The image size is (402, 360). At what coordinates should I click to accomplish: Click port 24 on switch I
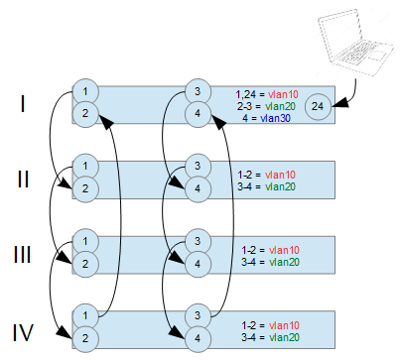click(318, 106)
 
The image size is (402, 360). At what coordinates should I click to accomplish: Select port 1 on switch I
click(85, 91)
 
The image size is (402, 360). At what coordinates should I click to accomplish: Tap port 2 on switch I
click(85, 114)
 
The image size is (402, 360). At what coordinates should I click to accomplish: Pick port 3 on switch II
click(198, 167)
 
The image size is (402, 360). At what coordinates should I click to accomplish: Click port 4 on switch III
click(198, 264)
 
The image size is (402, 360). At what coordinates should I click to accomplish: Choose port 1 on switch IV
click(85, 316)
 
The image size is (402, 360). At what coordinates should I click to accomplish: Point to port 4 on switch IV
click(198, 339)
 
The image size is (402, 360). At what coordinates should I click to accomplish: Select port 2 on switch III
click(85, 264)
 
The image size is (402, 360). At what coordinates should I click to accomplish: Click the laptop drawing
click(355, 43)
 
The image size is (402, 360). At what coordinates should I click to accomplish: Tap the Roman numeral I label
click(23, 103)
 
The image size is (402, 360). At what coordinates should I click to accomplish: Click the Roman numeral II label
click(23, 180)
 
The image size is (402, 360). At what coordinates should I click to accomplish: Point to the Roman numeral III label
click(23, 255)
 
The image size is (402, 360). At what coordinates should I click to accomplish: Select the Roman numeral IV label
click(23, 332)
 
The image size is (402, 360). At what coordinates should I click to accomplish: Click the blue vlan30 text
click(275, 118)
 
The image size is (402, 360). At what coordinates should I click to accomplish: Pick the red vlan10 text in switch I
click(283, 94)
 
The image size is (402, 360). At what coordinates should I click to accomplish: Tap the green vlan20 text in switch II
click(280, 186)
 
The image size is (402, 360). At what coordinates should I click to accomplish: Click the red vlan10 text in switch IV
click(284, 325)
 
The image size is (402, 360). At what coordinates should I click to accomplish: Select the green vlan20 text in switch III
click(284, 262)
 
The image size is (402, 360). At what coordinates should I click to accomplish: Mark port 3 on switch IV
click(198, 316)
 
